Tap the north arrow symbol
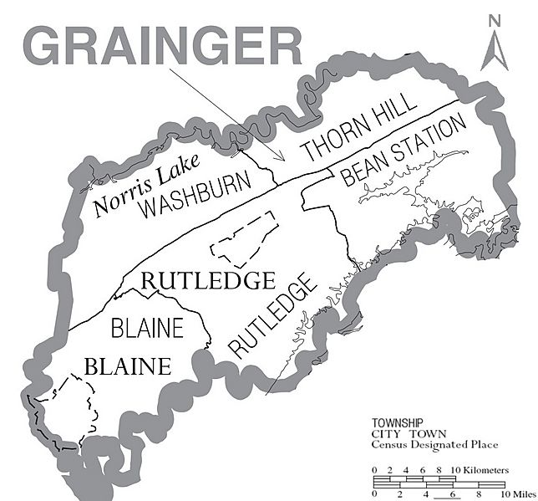[x=493, y=50]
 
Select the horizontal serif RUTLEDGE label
[x=208, y=280]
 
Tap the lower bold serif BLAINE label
[x=129, y=366]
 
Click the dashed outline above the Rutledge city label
[x=243, y=238]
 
